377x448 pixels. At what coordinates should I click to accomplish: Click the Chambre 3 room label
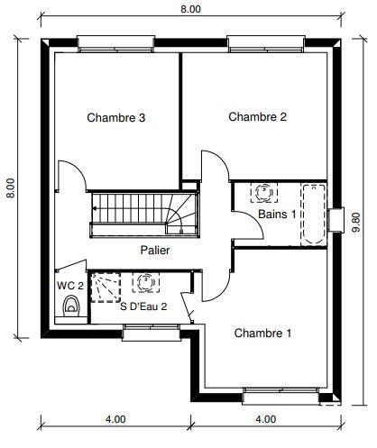click(x=116, y=117)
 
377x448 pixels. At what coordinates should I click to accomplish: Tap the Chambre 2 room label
click(x=257, y=116)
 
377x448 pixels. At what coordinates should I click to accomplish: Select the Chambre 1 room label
click(x=262, y=333)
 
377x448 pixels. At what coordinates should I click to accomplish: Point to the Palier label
click(x=154, y=250)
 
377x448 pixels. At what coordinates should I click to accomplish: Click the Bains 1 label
click(x=277, y=215)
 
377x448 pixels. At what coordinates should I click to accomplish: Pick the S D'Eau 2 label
click(x=143, y=306)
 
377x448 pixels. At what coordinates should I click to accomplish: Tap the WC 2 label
click(x=69, y=286)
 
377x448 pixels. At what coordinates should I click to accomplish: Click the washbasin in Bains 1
click(x=264, y=192)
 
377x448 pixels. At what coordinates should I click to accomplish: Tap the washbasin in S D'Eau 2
click(x=144, y=283)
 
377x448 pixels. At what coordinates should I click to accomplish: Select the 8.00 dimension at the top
click(x=190, y=8)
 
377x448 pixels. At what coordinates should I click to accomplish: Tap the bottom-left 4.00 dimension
click(x=115, y=419)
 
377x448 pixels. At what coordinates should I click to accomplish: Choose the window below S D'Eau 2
click(x=149, y=334)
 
